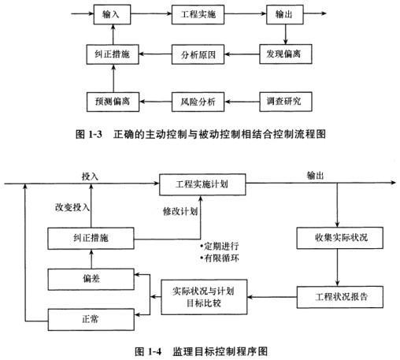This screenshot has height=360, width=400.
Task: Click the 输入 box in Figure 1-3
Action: coord(112,14)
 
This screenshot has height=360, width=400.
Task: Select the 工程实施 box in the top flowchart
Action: coord(198,14)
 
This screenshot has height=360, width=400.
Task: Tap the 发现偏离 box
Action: coord(286,54)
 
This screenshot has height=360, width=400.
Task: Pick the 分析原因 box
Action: coord(198,54)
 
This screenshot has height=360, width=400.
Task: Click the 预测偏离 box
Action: coord(113,102)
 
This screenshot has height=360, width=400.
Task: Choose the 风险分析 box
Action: coord(198,102)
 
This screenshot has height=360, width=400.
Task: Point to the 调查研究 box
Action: coord(286,102)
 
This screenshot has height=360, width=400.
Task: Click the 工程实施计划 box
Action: coord(202,184)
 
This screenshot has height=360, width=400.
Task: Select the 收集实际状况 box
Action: coord(339,238)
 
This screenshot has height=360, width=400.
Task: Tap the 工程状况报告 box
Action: coord(340,297)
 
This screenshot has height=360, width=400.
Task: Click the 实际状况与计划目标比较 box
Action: coord(204,297)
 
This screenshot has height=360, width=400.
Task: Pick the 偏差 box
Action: coord(91,279)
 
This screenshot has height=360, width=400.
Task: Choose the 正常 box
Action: coord(91,320)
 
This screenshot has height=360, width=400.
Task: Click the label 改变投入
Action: coord(72,207)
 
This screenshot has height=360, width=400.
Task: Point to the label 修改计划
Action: coord(180,211)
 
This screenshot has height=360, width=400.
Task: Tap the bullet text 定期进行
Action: coord(220,247)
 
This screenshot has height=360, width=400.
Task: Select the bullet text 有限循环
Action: coord(220,258)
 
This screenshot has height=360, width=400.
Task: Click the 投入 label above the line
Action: coord(90,176)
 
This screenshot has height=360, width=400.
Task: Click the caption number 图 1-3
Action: coord(89,135)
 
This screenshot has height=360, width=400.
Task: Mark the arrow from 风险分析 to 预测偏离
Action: coord(155,102)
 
